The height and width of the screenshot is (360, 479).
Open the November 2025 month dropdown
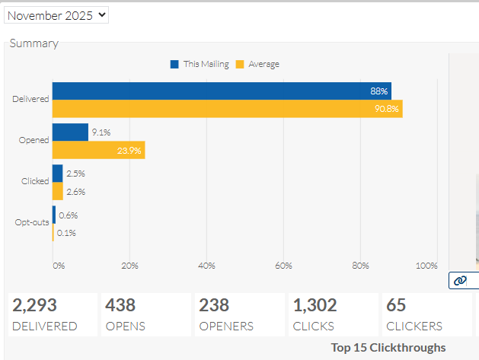pyautogui.click(x=56, y=15)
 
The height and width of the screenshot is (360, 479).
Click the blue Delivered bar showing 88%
pyautogui.click(x=222, y=91)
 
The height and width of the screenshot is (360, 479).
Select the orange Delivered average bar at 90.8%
pyautogui.click(x=228, y=109)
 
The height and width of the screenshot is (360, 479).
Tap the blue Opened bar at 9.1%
pyautogui.click(x=70, y=132)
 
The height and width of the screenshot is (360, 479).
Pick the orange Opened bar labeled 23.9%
pyautogui.click(x=99, y=150)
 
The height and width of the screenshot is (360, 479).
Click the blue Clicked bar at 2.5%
pyautogui.click(x=57, y=174)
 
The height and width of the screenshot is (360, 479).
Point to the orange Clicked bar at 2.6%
pyautogui.click(x=58, y=191)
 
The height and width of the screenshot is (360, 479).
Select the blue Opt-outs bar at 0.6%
pyautogui.click(x=54, y=215)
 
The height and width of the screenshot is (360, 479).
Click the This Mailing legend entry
pyautogui.click(x=200, y=64)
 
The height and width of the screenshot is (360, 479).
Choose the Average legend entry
pyautogui.click(x=257, y=64)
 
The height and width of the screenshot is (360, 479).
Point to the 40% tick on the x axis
pyautogui.click(x=206, y=266)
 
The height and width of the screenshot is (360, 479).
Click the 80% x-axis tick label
pyautogui.click(x=360, y=266)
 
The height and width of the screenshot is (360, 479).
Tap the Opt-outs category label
pyautogui.click(x=32, y=222)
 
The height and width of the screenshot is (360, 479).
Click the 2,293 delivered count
pyautogui.click(x=34, y=305)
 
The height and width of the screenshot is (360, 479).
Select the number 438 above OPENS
pyautogui.click(x=120, y=305)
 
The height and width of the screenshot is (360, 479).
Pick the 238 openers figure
pyautogui.click(x=214, y=305)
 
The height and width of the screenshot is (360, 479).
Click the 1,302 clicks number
pyautogui.click(x=315, y=305)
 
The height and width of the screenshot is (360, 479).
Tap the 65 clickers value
pyautogui.click(x=396, y=305)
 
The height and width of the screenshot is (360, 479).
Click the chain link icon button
pyautogui.click(x=460, y=280)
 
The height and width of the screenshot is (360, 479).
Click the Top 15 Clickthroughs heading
pyautogui.click(x=388, y=348)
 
